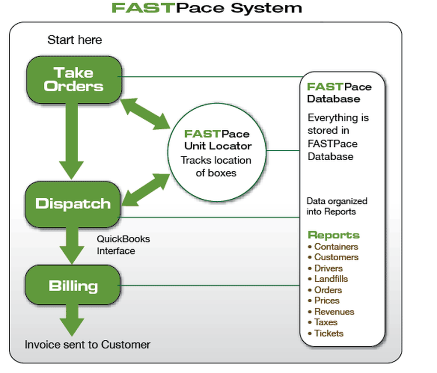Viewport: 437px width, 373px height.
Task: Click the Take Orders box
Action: pyautogui.click(x=74, y=79)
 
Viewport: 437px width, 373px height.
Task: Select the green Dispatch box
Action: pyautogui.click(x=73, y=204)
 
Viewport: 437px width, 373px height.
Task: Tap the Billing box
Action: pyautogui.click(x=73, y=286)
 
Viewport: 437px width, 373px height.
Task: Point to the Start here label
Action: pyautogui.click(x=74, y=40)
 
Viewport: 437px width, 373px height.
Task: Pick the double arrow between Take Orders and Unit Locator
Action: pyautogui.click(x=145, y=114)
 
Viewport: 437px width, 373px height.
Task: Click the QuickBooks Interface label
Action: pyautogui.click(x=123, y=245)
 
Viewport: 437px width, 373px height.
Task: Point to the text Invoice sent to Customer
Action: pyautogui.click(x=87, y=345)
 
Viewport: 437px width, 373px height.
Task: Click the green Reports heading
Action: pyautogui.click(x=333, y=235)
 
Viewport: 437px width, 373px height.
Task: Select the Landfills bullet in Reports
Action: pyautogui.click(x=331, y=279)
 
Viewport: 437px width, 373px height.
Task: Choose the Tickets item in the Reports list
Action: pyautogui.click(x=329, y=333)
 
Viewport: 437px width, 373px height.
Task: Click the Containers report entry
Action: pyautogui.click(x=336, y=246)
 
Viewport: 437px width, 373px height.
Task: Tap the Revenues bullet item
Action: pyautogui.click(x=334, y=311)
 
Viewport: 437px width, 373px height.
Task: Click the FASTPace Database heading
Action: pyautogui.click(x=339, y=93)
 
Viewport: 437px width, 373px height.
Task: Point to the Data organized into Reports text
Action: pyautogui.click(x=337, y=206)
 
